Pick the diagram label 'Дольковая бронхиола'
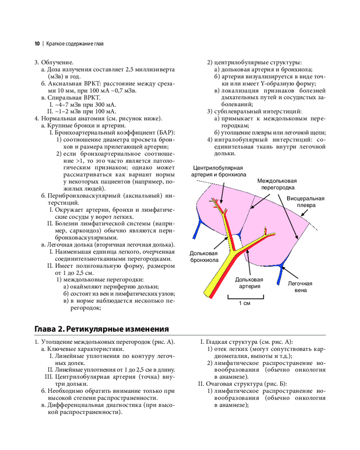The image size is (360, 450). click(204, 256)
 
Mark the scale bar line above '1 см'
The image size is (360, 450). click(243, 297)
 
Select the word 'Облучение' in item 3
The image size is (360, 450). click(57, 63)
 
